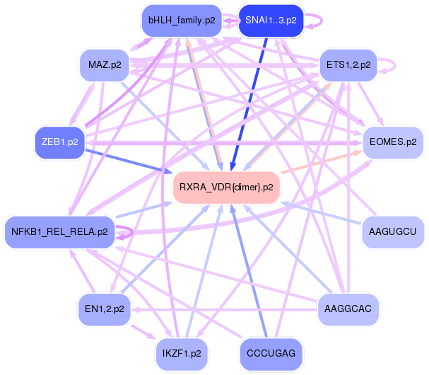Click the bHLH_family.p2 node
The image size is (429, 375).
(182, 21)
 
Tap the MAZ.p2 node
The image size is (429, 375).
(103, 65)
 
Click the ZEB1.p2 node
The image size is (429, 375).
(59, 142)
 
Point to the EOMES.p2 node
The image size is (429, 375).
(392, 142)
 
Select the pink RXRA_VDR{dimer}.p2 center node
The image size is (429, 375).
(226, 187)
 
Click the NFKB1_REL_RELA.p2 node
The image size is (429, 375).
(59, 231)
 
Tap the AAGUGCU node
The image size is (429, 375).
(392, 231)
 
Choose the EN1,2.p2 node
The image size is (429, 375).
(103, 308)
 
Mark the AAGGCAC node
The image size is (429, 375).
(348, 308)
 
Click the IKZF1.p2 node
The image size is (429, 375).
(182, 352)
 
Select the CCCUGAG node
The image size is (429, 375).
(271, 352)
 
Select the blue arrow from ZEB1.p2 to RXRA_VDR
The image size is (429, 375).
(127, 158)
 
